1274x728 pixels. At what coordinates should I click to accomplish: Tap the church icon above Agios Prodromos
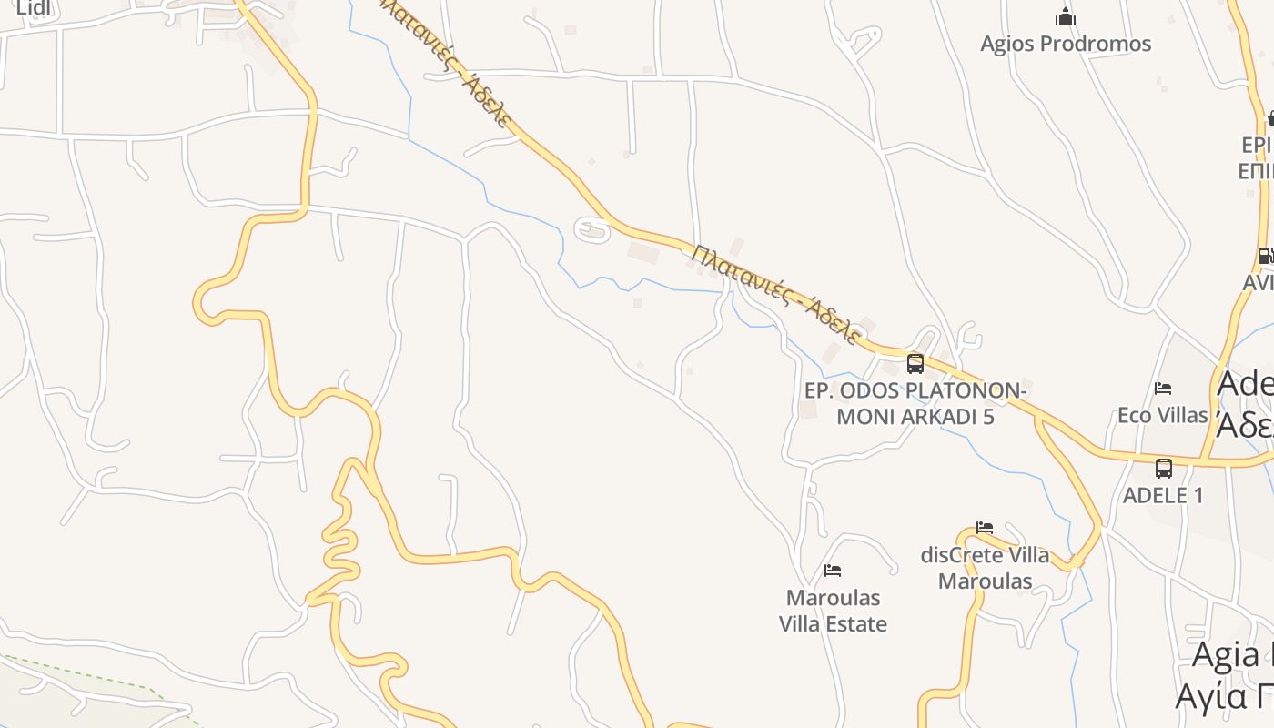click(1066, 16)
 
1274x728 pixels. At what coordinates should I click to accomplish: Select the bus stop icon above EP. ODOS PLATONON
click(915, 364)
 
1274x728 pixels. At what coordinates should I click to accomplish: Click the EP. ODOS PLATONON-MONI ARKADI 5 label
click(915, 404)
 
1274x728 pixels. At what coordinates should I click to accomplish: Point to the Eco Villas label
click(1162, 415)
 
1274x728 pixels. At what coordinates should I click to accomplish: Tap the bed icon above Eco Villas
click(1163, 389)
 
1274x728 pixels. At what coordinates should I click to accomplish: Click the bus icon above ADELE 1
click(1164, 469)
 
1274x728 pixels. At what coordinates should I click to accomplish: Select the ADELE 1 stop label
click(1163, 495)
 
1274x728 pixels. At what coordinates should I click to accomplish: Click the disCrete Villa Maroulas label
click(985, 568)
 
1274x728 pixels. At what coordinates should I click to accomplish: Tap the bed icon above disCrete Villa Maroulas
click(985, 528)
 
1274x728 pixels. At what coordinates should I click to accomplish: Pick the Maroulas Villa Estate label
click(833, 611)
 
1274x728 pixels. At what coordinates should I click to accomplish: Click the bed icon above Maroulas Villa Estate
click(833, 571)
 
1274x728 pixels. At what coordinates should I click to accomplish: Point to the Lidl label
click(33, 9)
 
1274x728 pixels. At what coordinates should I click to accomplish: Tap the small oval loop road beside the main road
click(592, 229)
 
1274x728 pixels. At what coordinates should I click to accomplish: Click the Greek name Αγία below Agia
click(1223, 697)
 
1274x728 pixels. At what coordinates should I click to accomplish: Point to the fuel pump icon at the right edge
click(1265, 256)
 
